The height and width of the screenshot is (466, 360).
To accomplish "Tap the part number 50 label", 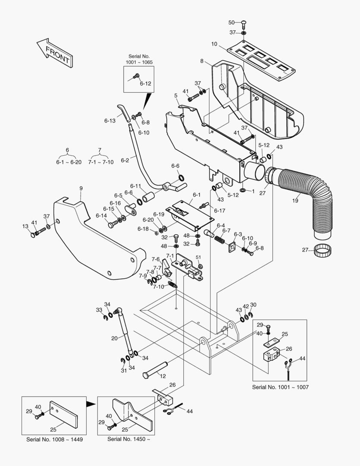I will pos(231,22).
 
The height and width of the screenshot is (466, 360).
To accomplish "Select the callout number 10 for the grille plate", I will pos(214,44).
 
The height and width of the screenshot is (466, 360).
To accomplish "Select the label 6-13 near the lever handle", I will pos(110,121).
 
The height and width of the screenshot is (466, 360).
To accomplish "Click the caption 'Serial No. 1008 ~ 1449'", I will pos(54,439).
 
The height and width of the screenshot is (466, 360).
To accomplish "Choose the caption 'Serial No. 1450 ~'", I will pos(129,439).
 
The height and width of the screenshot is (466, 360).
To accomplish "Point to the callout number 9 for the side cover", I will pos(81,188).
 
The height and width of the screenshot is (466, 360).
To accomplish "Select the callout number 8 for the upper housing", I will pos(202,61).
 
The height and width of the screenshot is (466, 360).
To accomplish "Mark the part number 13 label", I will pos(25,226).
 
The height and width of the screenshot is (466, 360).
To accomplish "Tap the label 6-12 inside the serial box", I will pos(145,84).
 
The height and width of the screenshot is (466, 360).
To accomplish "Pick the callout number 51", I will pos(199,258).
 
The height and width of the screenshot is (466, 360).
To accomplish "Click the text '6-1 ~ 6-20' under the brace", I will pos(69,162).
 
